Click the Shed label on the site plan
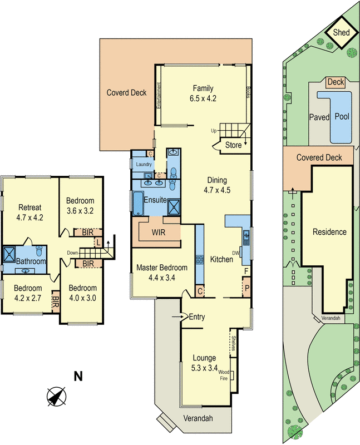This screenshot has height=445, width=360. coord(341,33)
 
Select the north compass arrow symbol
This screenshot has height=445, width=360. coord(56,397)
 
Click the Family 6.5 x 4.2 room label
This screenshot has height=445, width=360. coord(204,93)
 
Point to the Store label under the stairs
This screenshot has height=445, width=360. coord(233,146)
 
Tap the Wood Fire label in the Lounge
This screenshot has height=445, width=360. coord(224,375)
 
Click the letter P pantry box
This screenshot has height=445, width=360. coord(246,289)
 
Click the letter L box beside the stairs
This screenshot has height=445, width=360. coord(98,243)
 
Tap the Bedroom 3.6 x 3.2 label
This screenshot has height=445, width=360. coord(81,205)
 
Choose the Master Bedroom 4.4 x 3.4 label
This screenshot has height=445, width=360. coord(162,273)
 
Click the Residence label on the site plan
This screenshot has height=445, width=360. coord(329,232)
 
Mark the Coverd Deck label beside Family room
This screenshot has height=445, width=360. coord(126,92)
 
